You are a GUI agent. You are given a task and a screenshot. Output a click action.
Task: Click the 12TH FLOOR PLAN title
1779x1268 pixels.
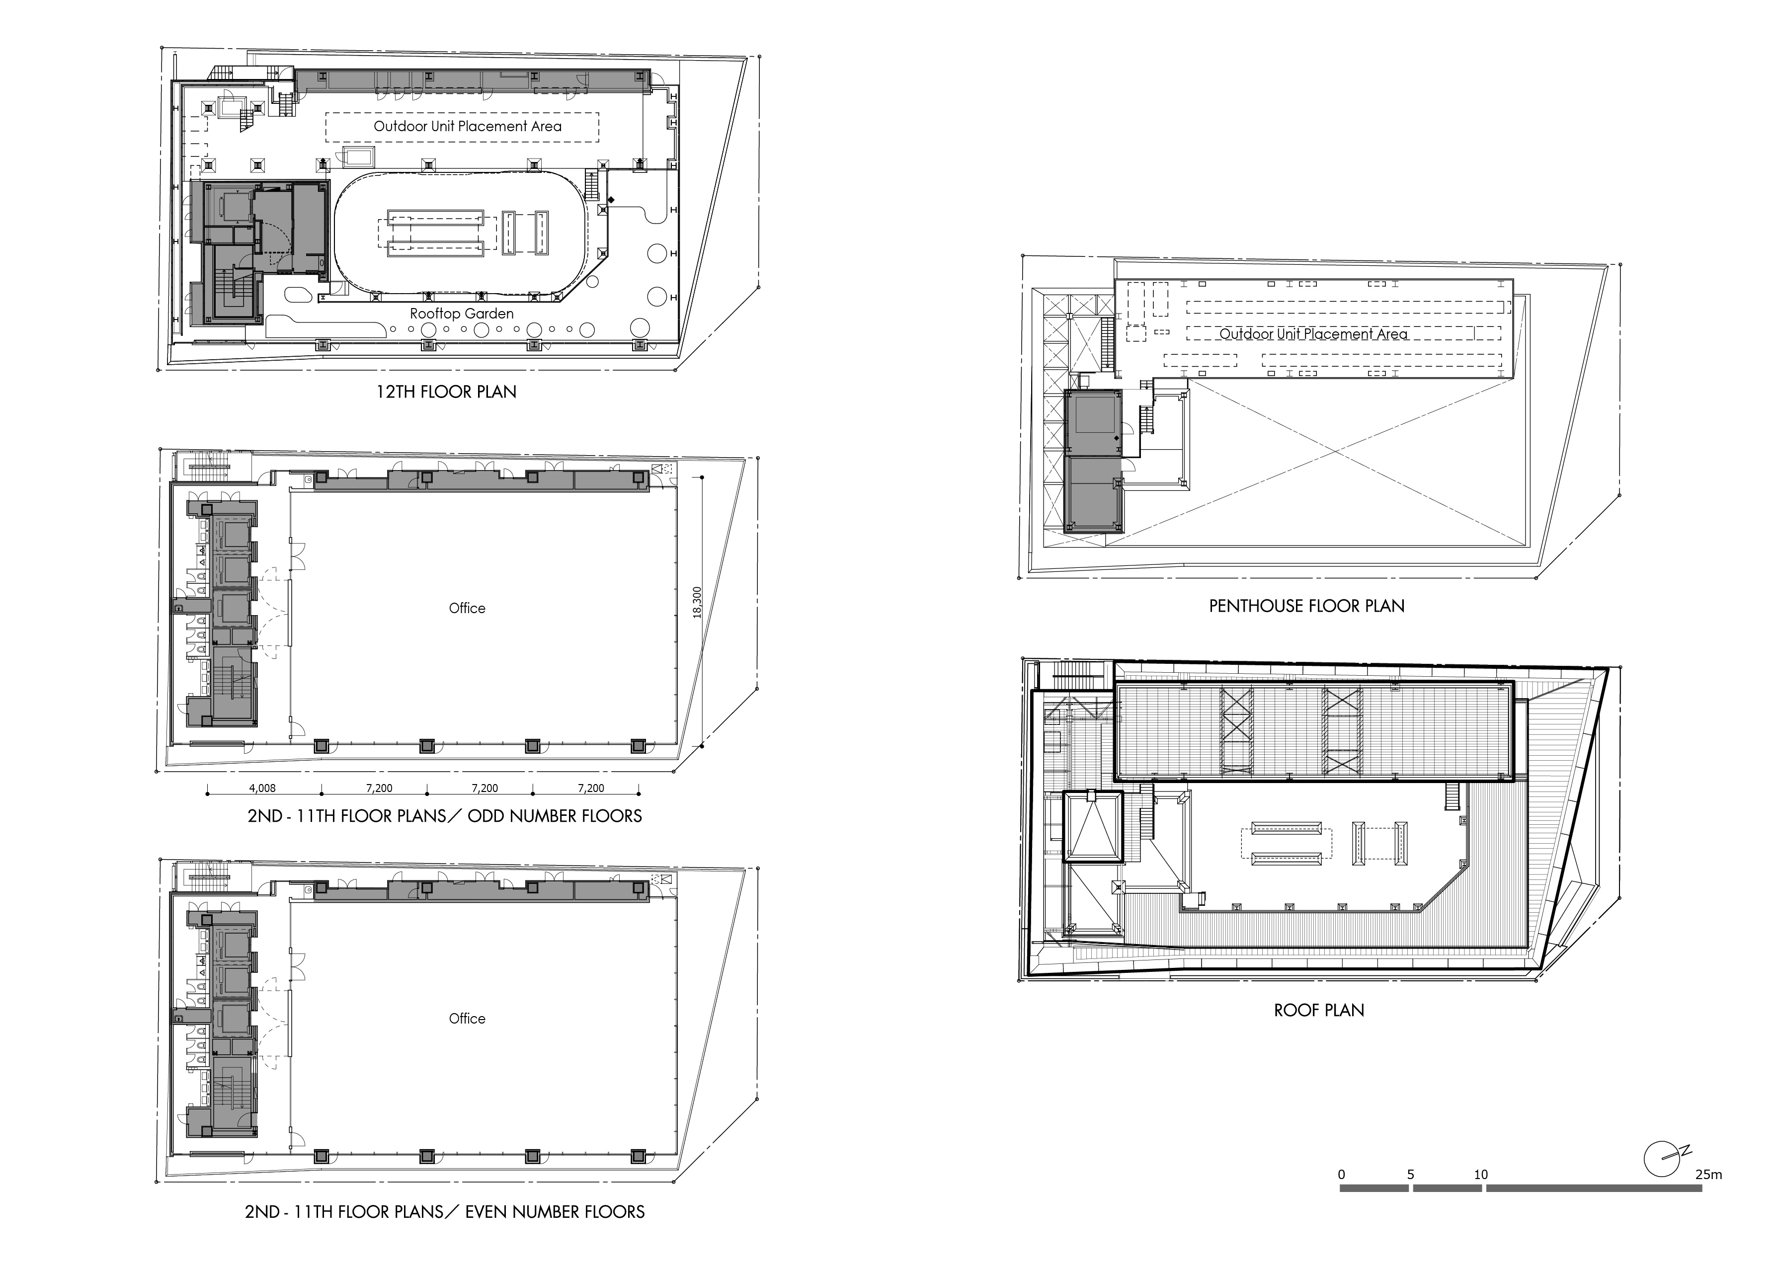click(446, 392)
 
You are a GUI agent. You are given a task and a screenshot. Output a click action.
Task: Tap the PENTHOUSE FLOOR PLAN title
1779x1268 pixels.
click(1306, 606)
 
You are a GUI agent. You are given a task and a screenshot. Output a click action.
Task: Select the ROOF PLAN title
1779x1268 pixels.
click(1319, 1010)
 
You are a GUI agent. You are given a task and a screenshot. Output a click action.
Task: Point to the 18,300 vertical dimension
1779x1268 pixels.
click(697, 603)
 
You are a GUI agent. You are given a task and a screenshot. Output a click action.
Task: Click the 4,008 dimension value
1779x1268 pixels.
click(262, 789)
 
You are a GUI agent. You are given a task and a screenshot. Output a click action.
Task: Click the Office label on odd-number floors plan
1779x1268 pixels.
click(467, 608)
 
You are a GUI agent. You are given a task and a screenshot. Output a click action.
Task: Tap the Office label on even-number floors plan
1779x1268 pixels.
click(467, 1019)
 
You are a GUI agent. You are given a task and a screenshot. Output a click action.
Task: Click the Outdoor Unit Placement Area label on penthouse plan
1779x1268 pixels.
click(1313, 334)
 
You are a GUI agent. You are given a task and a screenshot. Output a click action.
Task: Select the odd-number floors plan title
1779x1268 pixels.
click(444, 817)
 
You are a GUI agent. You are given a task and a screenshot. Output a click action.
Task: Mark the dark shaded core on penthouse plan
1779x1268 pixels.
click(1093, 461)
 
